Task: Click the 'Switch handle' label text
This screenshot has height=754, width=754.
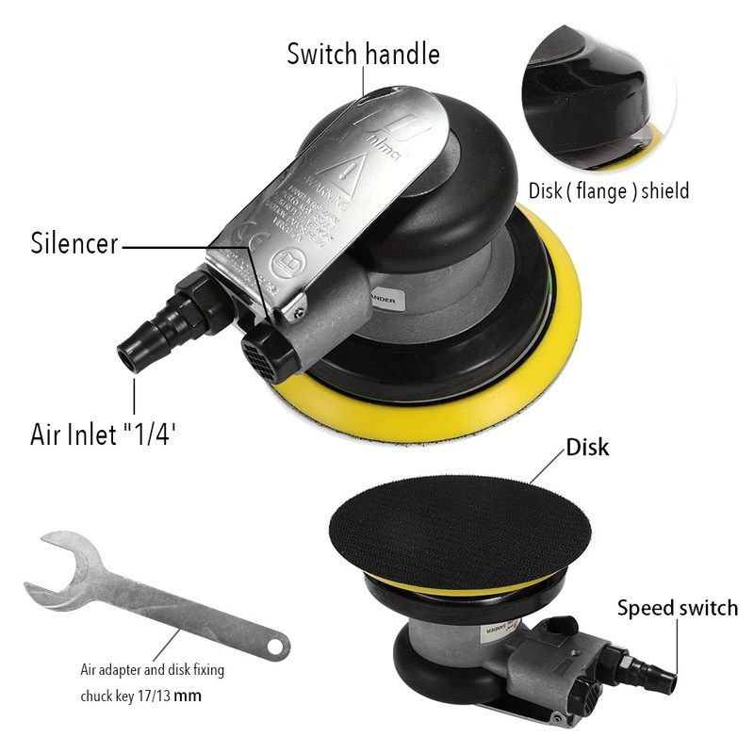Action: click(363, 54)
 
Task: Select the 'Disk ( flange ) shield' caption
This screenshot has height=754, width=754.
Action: click(608, 191)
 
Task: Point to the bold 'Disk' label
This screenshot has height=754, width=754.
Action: click(587, 447)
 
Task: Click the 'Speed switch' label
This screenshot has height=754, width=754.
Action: click(677, 608)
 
